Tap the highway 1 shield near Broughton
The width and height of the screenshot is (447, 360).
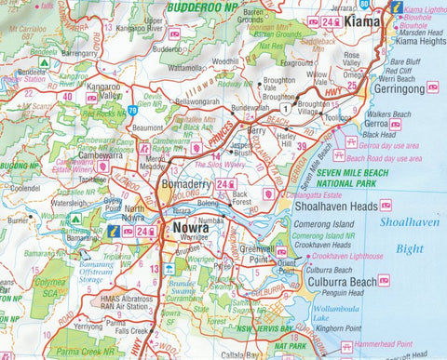272,109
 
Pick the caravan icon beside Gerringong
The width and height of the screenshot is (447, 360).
432,87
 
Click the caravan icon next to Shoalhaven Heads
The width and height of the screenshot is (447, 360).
386,205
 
